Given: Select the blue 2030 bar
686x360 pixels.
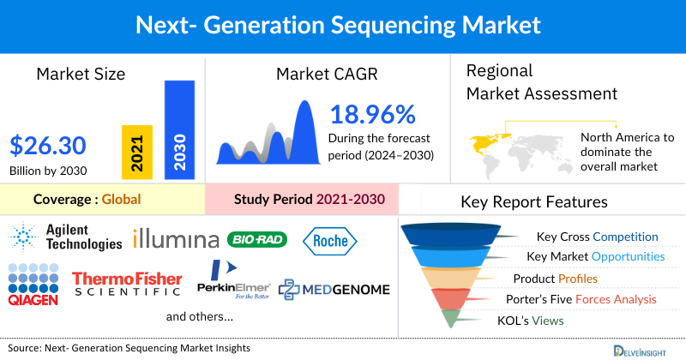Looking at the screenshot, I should coord(178,129).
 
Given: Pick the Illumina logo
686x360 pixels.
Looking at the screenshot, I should coord(176,238).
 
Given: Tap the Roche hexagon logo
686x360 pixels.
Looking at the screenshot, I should coord(330,241).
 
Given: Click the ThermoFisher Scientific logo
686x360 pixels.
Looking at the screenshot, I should coord(127,284).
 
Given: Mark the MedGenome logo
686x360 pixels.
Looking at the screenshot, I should coord(334,290).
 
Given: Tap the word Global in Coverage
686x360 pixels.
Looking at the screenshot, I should coord(121,200).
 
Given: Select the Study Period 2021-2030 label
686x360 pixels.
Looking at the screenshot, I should coord(309,200).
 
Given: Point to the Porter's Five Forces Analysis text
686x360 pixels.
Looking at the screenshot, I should coord(585,299).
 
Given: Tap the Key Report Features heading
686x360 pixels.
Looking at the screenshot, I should coord(534,202).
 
